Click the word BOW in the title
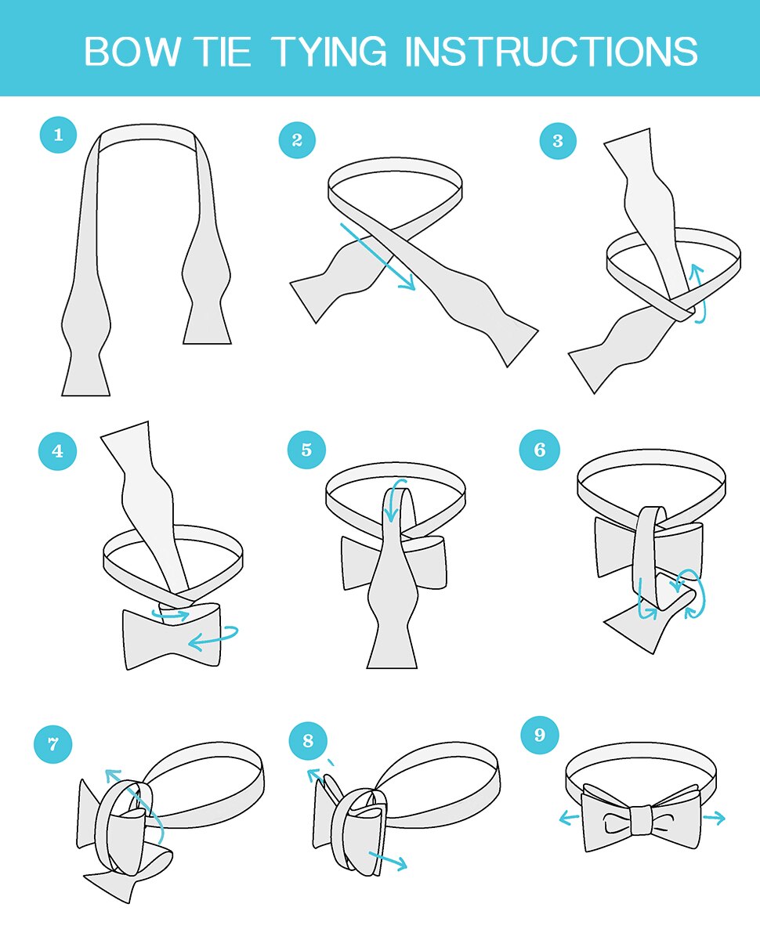click(x=132, y=52)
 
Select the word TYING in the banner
click(x=330, y=52)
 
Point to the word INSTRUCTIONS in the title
click(x=551, y=52)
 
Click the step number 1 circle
click(x=58, y=135)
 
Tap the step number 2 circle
click(x=297, y=140)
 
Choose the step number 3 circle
click(x=558, y=141)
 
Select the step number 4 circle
click(x=58, y=451)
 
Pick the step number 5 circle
click(x=306, y=450)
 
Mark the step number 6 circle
click(x=540, y=450)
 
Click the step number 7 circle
click(x=53, y=744)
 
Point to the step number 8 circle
click(x=308, y=740)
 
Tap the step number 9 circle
click(x=540, y=735)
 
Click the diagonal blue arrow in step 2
click(x=378, y=256)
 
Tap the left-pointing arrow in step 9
click(x=569, y=819)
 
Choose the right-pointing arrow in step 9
click(x=714, y=818)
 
